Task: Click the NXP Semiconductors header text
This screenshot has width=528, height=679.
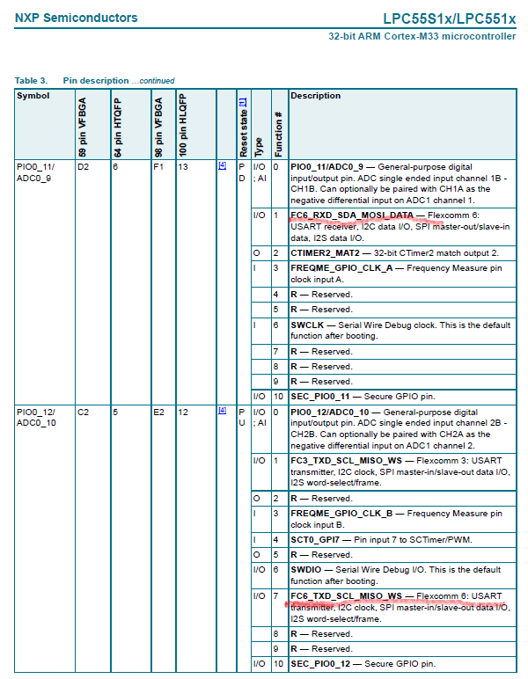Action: point(77,18)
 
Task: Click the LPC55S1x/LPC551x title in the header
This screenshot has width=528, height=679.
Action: point(449,18)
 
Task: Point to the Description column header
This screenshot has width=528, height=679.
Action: point(315,95)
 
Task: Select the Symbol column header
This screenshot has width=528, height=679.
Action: point(33,95)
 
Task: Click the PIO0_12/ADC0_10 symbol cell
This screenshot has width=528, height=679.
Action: point(36,417)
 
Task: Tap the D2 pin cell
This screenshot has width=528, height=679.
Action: point(83,165)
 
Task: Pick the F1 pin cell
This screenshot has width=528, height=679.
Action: point(158,165)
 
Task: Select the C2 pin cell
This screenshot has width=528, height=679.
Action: point(83,412)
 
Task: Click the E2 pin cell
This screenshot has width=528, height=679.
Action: point(158,412)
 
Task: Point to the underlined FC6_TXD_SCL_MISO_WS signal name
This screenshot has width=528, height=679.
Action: point(346,595)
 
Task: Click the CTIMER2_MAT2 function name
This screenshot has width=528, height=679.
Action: point(325,252)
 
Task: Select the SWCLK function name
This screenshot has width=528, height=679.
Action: point(307,325)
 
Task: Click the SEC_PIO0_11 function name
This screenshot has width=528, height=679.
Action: point(319,397)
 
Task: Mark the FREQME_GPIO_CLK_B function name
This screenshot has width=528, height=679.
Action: point(341,513)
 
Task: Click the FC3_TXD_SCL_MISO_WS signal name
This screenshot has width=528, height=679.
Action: point(346,460)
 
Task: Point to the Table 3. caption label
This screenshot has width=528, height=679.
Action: point(31,81)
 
